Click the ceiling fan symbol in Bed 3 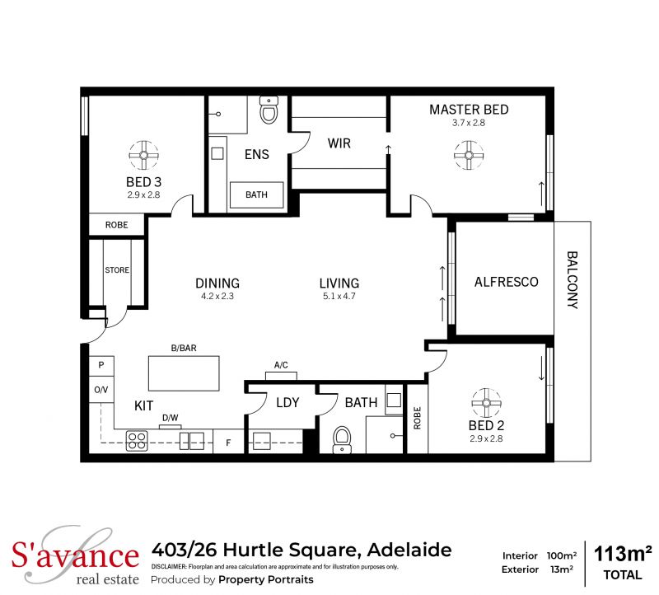[143, 155]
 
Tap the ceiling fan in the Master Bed [469, 155]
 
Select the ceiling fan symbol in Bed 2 [486, 403]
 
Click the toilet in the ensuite [269, 110]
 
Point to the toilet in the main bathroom [342, 440]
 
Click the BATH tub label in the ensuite [256, 194]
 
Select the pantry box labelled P [101, 366]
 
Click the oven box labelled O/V [101, 389]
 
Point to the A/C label [281, 365]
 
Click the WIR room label [339, 143]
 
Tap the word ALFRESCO [506, 282]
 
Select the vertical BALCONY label [573, 280]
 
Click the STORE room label [117, 270]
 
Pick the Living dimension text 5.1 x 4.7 [339, 296]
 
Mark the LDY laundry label [287, 402]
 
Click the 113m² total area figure [623, 555]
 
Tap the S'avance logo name [75, 555]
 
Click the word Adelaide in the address [409, 550]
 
